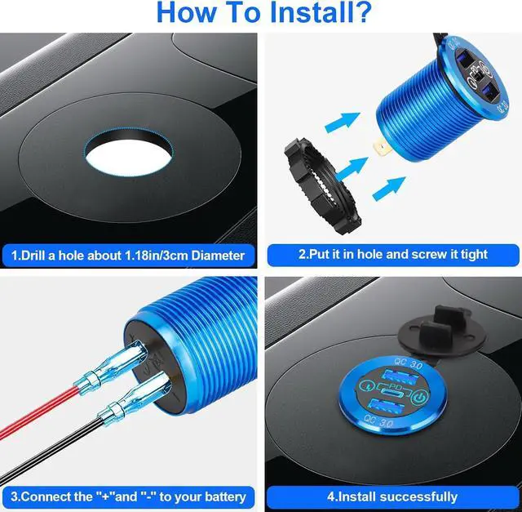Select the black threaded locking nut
322,185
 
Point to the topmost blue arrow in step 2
343,122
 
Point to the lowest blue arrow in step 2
389,188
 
